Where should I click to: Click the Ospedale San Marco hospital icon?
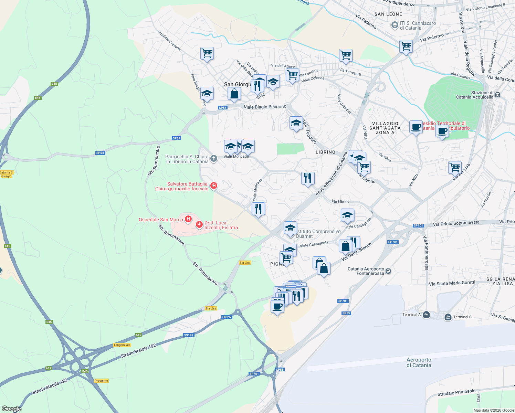pyautogui.click(x=188, y=219)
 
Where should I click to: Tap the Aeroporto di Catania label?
pyautogui.click(x=419, y=362)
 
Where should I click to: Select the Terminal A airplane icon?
pyautogui.click(x=426, y=315)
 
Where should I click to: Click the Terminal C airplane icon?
pyautogui.click(x=448, y=317)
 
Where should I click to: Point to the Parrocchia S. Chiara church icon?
pyautogui.click(x=214, y=159)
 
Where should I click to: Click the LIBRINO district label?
pyautogui.click(x=325, y=152)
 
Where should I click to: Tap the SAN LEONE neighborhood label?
pyautogui.click(x=388, y=14)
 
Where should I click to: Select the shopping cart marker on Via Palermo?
pyautogui.click(x=406, y=46)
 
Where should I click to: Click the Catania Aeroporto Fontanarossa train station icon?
pyautogui.click(x=388, y=271)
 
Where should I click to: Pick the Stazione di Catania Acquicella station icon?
pyautogui.click(x=497, y=95)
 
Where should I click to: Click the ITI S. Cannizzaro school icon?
pyautogui.click(x=395, y=25)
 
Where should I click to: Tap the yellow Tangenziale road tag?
pyautogui.click(x=122, y=345)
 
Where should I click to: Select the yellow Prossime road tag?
pyautogui.click(x=101, y=381)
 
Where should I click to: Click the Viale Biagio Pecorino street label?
pyautogui.click(x=265, y=107)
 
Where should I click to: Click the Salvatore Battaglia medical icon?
pyautogui.click(x=214, y=186)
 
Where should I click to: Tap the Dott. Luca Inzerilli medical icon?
pyautogui.click(x=199, y=225)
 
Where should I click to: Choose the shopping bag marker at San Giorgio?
pyautogui.click(x=234, y=94)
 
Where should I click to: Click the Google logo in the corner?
pyautogui.click(x=12, y=409)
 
